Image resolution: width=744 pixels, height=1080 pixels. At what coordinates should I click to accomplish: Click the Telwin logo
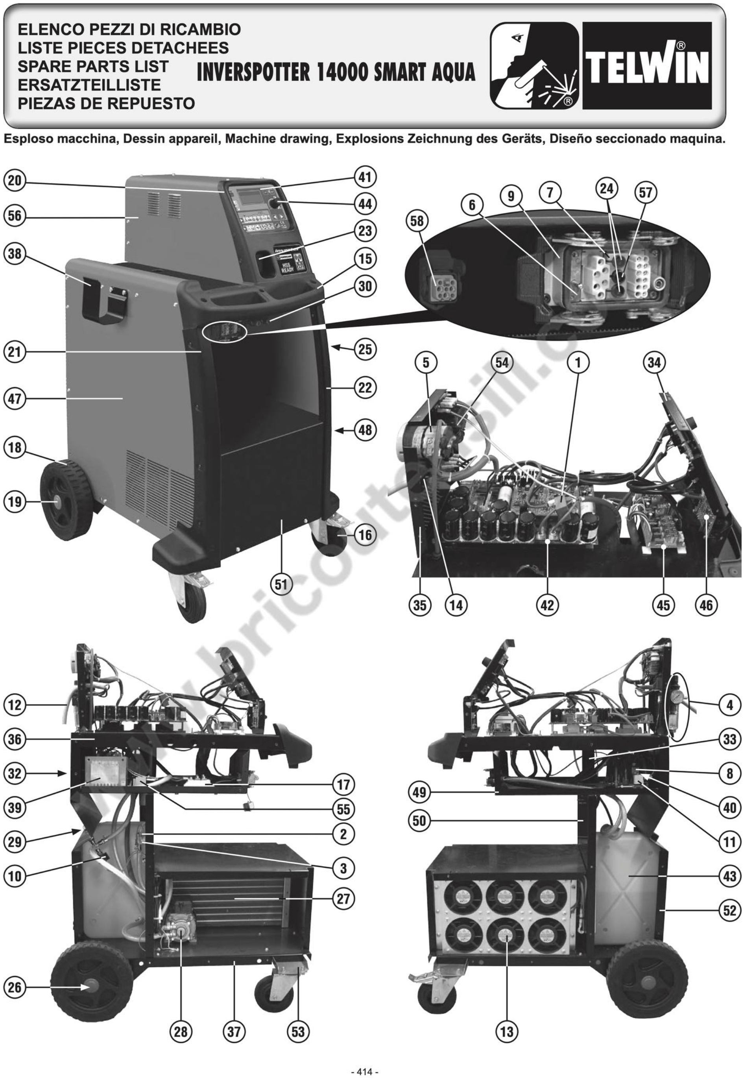647,66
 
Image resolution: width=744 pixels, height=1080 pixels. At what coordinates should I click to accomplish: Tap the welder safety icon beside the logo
534,66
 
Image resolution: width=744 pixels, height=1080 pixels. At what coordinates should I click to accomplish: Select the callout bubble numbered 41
365,178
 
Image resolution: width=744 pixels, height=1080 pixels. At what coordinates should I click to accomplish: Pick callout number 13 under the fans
506,1032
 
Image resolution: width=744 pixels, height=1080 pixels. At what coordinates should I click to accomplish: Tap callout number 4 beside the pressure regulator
729,705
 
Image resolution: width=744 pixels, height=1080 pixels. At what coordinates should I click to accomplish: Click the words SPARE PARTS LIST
93,66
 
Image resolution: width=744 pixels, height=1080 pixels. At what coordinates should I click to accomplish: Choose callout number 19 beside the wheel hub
15,502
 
